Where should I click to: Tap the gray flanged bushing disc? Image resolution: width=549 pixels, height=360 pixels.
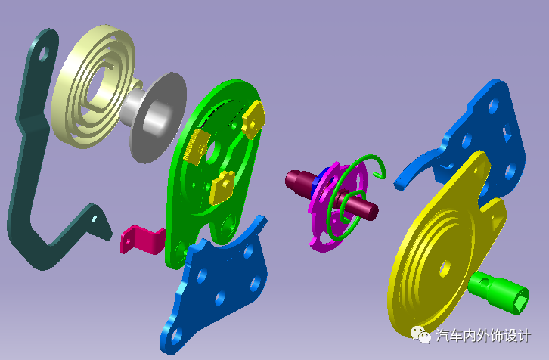[157, 117]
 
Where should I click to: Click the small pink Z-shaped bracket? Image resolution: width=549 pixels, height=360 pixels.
[142, 240]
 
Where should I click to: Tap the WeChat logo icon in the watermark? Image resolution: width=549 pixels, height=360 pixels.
[421, 335]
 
